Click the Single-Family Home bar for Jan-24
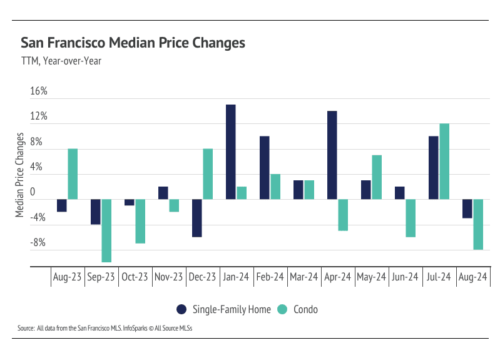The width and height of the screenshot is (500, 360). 230,152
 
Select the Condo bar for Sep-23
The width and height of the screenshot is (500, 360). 106,230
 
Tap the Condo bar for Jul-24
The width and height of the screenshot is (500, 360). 444,162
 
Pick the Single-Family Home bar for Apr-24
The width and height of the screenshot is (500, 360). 332,155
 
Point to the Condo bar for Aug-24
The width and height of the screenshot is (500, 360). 478,224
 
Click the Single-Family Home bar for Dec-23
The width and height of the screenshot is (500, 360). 196,218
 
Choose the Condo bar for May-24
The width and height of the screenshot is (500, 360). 377,177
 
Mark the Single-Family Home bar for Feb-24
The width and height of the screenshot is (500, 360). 264,168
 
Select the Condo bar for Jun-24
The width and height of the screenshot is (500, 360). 411,218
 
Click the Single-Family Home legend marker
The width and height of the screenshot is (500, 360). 181,309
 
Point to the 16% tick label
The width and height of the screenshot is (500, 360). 39,91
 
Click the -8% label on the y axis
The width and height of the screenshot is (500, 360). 39,244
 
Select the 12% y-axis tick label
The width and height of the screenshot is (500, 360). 39,117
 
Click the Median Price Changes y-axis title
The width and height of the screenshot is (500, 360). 20,175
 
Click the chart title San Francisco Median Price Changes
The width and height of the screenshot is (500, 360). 133,43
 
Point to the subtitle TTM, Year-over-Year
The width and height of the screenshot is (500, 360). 61,61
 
